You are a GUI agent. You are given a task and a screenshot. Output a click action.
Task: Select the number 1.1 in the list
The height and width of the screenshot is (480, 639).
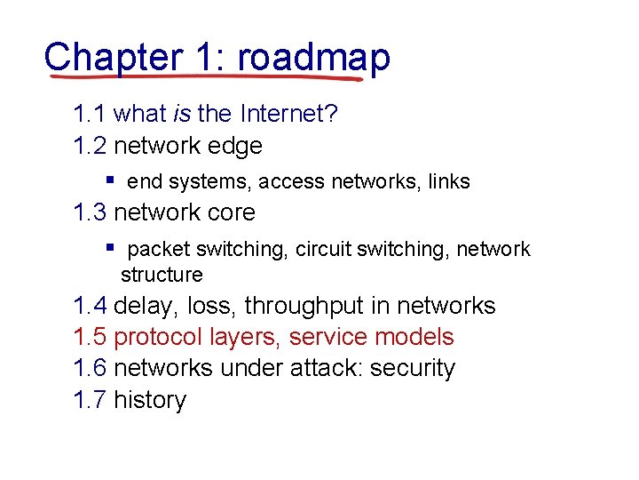tap(91, 114)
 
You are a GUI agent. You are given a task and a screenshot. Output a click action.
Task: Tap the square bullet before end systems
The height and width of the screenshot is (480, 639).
tap(109, 179)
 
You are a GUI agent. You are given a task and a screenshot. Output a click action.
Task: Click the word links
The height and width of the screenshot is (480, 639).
tap(448, 182)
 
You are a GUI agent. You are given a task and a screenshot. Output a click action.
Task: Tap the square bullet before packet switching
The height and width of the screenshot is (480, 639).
tap(109, 246)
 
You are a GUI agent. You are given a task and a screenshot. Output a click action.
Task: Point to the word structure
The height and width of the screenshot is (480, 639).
tap(162, 275)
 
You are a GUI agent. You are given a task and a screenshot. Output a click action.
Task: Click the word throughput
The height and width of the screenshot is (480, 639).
tap(304, 307)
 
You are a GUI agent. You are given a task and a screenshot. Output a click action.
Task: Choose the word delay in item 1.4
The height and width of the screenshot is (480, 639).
tap(146, 307)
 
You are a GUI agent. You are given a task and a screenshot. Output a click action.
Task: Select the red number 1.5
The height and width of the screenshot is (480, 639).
tap(91, 338)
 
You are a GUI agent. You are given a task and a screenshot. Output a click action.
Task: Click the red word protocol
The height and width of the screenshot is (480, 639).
tap(158, 338)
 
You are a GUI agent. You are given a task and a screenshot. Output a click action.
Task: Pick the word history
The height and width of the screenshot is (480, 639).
tap(149, 400)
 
